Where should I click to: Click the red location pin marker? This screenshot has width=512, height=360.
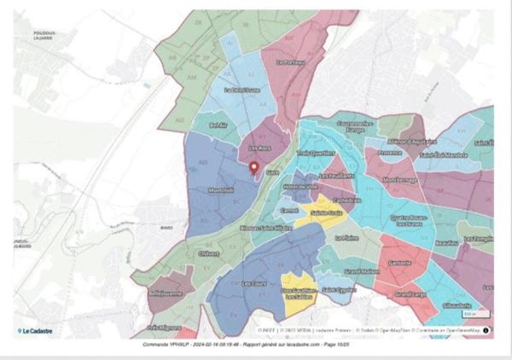pyautogui.click(x=253, y=166)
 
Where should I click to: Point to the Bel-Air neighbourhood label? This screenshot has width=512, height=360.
pyautogui.click(x=218, y=125)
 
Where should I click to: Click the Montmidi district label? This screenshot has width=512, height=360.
pyautogui.click(x=220, y=190)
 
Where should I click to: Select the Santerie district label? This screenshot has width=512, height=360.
pyautogui.click(x=397, y=264)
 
